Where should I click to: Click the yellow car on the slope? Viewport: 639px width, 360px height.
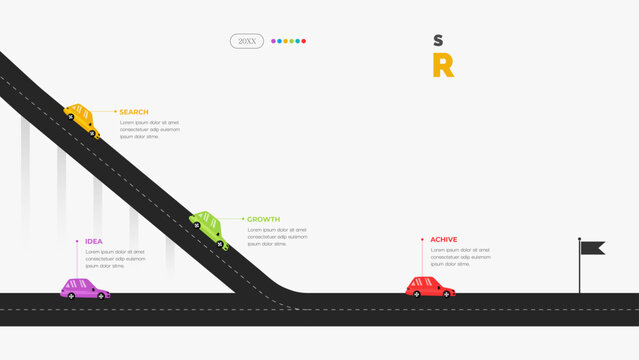(82, 120)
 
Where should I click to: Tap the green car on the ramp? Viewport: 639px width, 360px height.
(209, 228)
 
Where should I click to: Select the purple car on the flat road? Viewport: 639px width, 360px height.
(84, 289)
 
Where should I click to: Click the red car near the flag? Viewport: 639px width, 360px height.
(430, 287)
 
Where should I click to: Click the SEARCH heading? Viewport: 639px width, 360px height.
(133, 112)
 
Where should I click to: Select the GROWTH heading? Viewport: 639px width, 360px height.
(263, 219)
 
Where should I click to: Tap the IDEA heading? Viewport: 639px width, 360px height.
(94, 241)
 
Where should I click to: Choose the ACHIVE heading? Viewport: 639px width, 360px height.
(444, 240)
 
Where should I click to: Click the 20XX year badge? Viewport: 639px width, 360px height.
(246, 41)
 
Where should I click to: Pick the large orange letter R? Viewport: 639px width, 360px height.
(442, 66)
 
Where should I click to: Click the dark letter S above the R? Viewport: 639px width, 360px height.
(438, 40)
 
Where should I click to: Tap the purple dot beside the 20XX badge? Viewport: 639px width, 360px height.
(274, 41)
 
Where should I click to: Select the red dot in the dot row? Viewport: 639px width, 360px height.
(304, 41)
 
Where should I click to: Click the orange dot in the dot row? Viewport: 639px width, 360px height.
(286, 41)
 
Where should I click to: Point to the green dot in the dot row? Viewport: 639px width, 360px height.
(292, 41)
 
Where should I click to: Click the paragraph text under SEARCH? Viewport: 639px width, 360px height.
(150, 129)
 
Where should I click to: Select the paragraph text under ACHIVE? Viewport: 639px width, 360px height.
(461, 257)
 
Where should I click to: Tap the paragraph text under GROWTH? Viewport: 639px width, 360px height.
(277, 236)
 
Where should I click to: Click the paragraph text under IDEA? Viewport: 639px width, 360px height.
(114, 259)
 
